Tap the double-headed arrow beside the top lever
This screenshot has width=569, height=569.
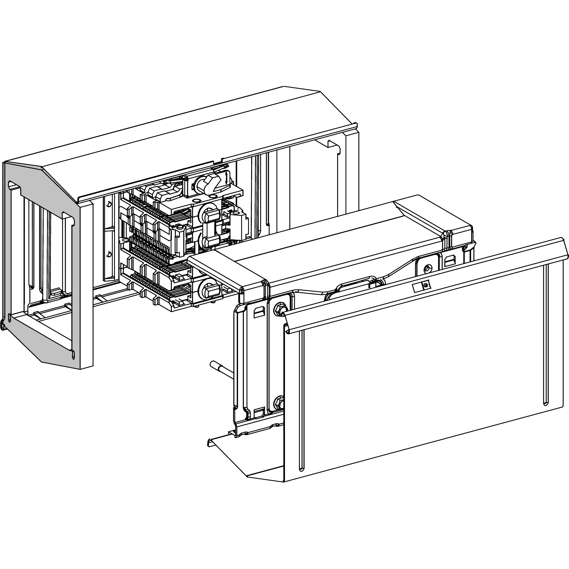pyautogui.click(x=226, y=177)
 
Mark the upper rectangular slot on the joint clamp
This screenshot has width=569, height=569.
pyautogui.click(x=258, y=312)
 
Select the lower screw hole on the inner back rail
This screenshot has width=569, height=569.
pyautogui.click(x=108, y=254)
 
